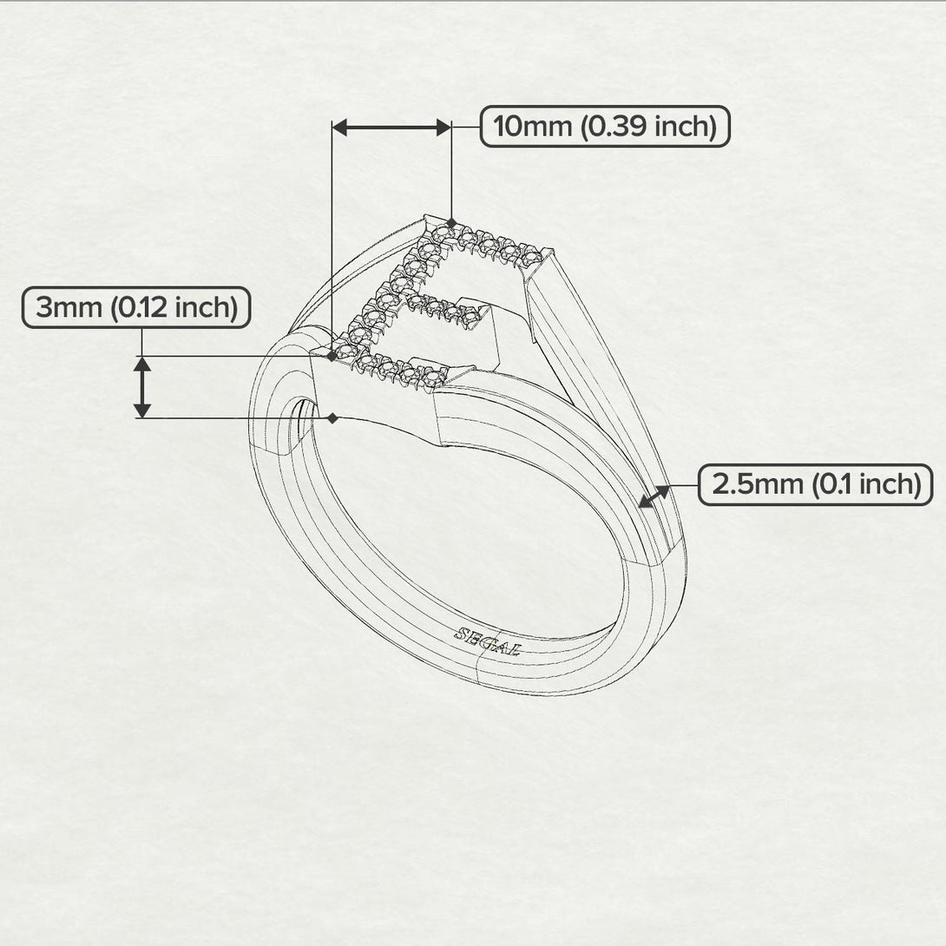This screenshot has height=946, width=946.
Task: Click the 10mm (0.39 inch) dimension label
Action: point(605,127)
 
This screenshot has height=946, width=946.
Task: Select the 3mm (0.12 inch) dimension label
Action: point(136,307)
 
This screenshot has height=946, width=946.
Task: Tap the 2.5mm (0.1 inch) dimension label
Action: point(815,483)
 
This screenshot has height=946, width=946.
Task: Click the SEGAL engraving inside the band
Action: point(486,641)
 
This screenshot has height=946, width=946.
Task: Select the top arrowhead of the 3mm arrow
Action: point(142,364)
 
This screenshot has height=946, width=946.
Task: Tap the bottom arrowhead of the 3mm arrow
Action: point(142,410)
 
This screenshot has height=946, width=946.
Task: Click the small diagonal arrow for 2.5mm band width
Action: point(654,496)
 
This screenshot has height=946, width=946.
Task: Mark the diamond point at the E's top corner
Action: point(451,223)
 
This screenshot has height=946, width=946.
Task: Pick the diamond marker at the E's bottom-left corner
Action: point(332,356)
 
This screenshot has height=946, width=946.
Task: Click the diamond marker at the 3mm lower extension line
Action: point(332,418)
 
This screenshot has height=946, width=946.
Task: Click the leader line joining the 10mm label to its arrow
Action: point(466,128)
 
